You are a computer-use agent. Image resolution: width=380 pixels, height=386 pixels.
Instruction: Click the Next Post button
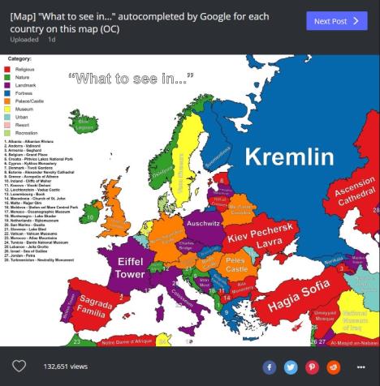(336, 20)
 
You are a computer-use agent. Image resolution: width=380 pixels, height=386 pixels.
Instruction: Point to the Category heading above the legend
(19, 59)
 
